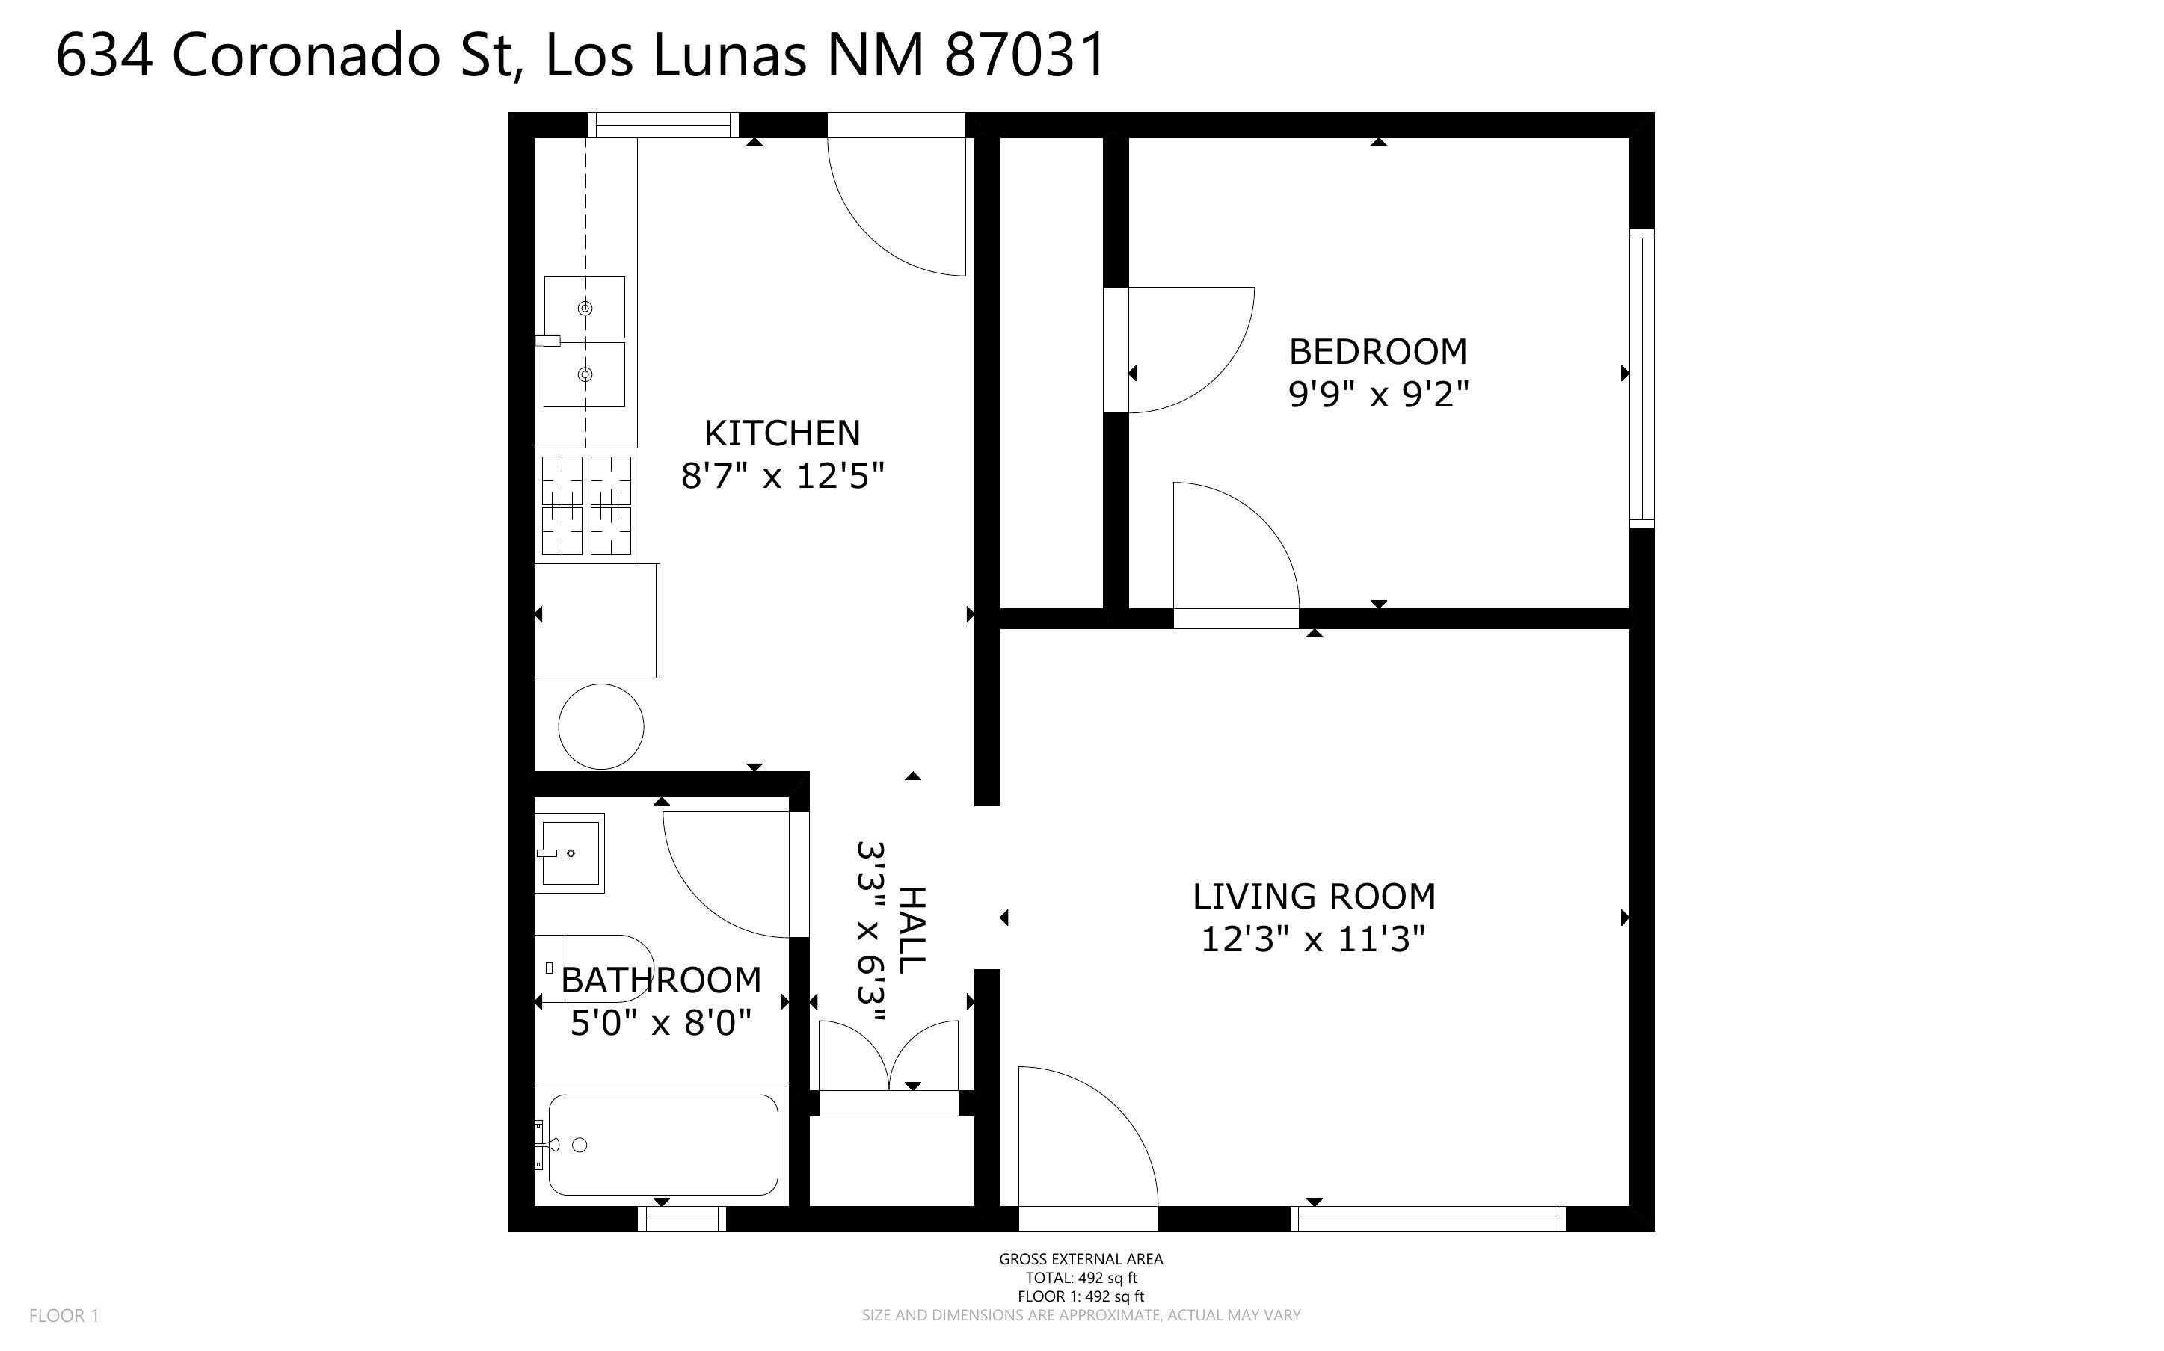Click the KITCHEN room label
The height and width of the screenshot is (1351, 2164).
tap(782, 433)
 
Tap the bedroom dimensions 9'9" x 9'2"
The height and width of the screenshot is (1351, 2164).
tap(1378, 393)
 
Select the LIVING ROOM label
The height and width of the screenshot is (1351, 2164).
tap(1314, 896)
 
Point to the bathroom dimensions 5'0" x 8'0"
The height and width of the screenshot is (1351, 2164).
tap(660, 1022)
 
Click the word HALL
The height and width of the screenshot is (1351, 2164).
tap(912, 930)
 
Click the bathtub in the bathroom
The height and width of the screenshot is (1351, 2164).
tap(663, 1145)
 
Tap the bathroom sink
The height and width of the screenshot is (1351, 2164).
tap(571, 853)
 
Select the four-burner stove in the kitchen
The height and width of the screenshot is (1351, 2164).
tap(586, 506)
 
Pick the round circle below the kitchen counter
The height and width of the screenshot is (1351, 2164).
tap(600, 726)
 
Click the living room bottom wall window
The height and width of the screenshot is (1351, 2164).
tap(1428, 1219)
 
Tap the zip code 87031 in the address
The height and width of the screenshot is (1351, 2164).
tap(1025, 55)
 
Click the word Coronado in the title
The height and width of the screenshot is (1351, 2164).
tap(306, 55)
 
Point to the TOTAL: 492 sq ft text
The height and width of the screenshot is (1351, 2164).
tap(1081, 1278)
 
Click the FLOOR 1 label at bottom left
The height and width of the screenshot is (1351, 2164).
tap(64, 1315)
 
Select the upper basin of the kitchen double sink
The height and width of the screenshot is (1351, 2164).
tap(585, 307)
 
